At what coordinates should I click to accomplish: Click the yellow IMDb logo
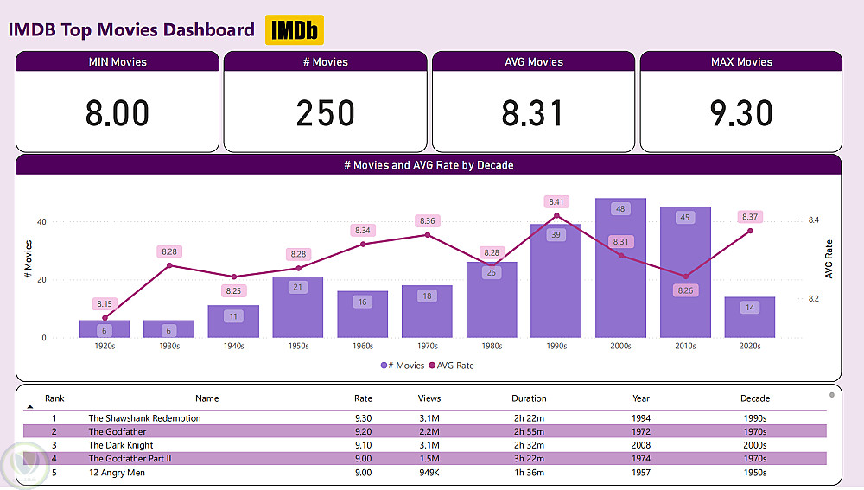click(294, 29)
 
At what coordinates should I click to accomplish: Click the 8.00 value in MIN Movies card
click(118, 113)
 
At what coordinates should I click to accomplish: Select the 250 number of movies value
click(326, 113)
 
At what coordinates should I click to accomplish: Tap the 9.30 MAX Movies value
click(741, 113)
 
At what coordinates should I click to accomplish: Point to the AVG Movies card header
click(533, 62)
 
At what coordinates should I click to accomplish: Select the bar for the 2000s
click(620, 277)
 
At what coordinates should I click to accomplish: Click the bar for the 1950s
click(298, 311)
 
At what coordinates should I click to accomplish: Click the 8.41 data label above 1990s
click(556, 201)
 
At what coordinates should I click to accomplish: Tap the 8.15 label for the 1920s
click(105, 304)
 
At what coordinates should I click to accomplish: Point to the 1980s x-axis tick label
click(492, 346)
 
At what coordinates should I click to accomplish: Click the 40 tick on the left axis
click(41, 221)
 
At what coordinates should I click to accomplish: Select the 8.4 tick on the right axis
click(813, 220)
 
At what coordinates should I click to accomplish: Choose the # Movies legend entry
click(403, 366)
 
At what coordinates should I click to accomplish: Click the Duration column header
click(529, 398)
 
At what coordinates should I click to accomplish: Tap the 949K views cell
click(429, 472)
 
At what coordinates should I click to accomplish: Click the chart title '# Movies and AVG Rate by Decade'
click(429, 165)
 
